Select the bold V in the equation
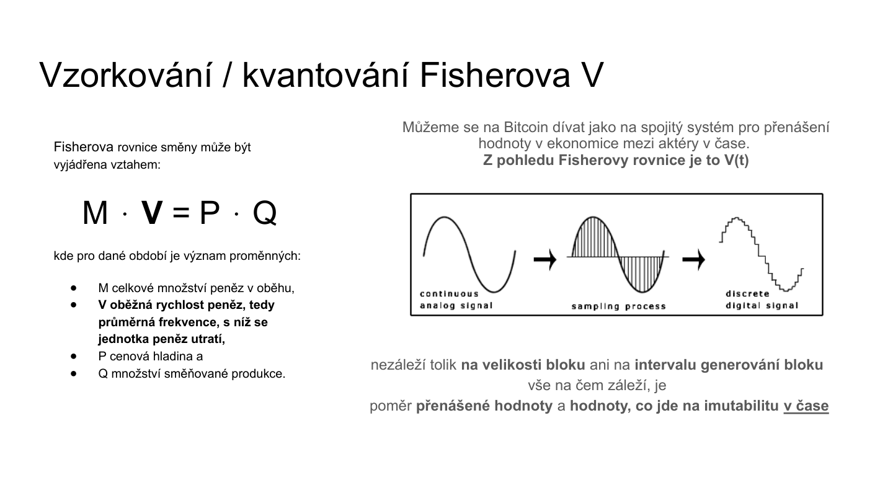point(152,213)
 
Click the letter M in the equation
point(95,213)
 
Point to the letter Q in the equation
point(265,213)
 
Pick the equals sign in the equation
point(180,213)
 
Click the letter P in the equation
point(210,213)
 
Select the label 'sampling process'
point(618,306)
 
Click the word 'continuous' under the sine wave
point(450,293)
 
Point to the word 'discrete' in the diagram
point(747,293)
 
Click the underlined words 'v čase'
point(806,406)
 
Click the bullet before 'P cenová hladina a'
point(73,356)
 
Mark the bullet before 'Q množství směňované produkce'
point(73,373)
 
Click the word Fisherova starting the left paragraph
point(84,147)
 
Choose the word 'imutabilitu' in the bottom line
point(742,406)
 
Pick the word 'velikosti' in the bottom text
point(515,365)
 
